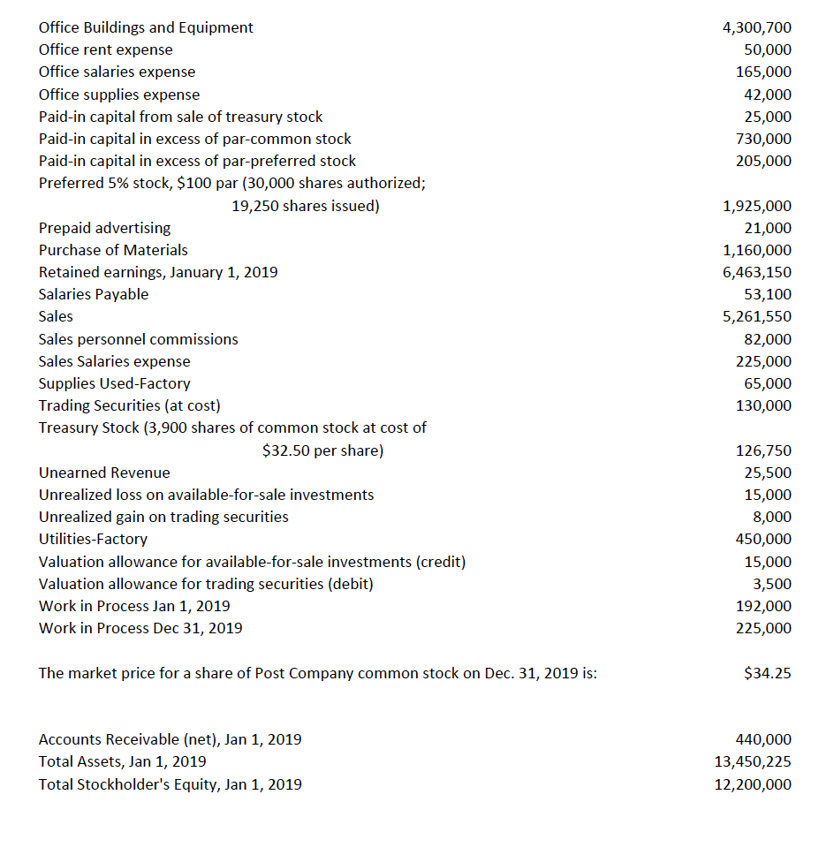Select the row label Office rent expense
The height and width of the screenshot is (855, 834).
coord(106,49)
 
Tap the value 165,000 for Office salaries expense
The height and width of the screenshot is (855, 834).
coord(763,72)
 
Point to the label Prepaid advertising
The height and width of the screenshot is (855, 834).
coord(105,228)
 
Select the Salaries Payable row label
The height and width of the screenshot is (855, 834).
coord(94,294)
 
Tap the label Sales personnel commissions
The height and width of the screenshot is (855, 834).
coord(139,339)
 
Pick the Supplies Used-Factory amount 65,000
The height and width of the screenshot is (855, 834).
coord(767,383)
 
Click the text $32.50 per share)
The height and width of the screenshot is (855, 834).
coord(323,450)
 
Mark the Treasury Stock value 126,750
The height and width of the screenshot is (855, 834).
coord(763,450)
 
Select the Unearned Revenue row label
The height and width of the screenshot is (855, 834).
coord(104,473)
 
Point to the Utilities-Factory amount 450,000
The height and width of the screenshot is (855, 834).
coord(763,539)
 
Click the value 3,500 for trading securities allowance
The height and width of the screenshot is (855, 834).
coord(771,584)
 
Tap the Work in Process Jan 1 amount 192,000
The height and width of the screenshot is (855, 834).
coord(763,606)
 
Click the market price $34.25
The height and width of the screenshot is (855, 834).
coord(768,673)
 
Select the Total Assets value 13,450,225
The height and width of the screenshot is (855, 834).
coord(753,761)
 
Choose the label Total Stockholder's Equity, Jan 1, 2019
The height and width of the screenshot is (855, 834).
coord(171,783)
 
